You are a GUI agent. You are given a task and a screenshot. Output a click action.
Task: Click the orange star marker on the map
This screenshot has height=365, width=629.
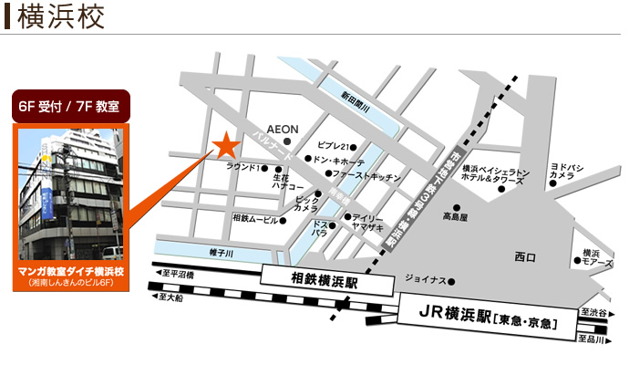223,145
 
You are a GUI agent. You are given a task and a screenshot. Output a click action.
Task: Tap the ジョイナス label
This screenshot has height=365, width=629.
426,281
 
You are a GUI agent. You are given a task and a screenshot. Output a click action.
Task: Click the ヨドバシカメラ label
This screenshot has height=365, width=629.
564,171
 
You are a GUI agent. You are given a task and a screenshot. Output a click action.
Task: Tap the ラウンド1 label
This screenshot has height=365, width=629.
242,168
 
